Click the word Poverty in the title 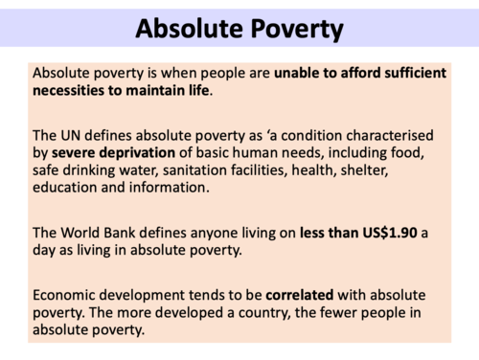click(x=298, y=29)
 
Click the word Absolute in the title click(x=188, y=29)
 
